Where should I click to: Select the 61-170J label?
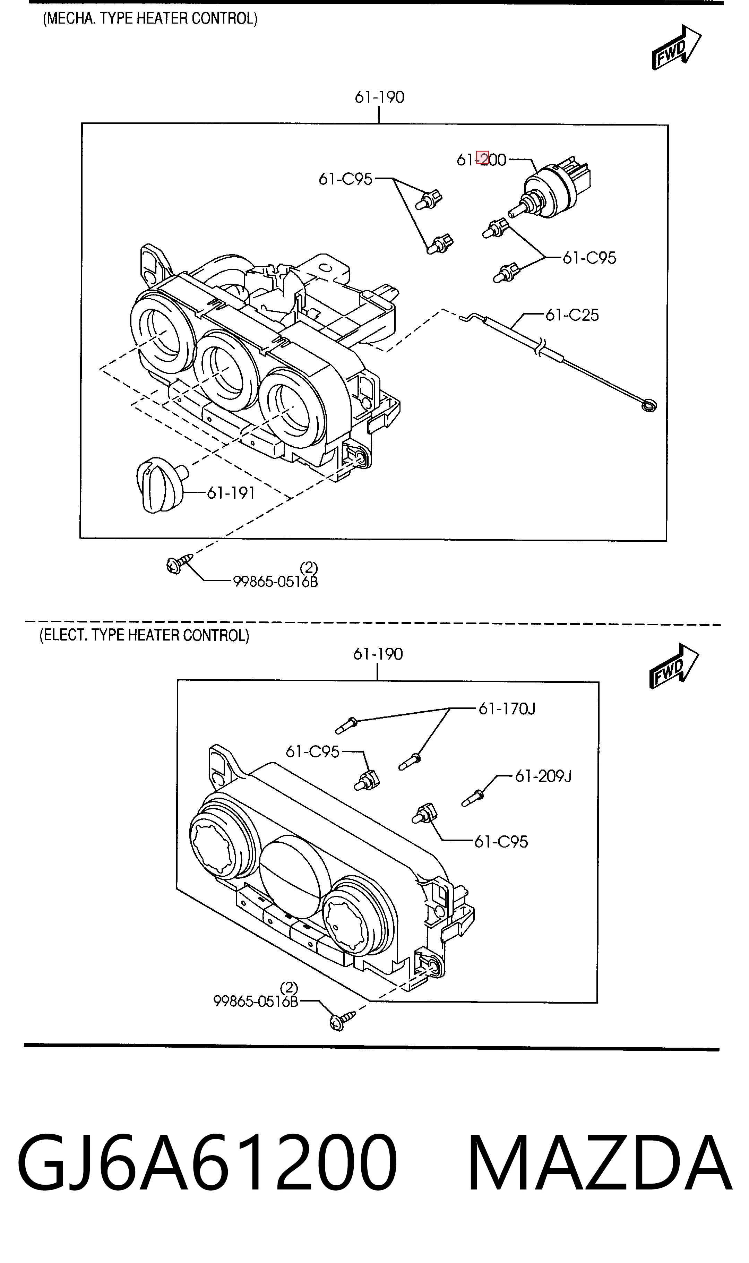[507, 709]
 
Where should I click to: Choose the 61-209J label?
[543, 776]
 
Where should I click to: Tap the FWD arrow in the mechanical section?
[676, 47]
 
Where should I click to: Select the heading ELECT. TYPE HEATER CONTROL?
[144, 635]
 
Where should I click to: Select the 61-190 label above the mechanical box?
[380, 97]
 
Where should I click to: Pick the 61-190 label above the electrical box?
[378, 654]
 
